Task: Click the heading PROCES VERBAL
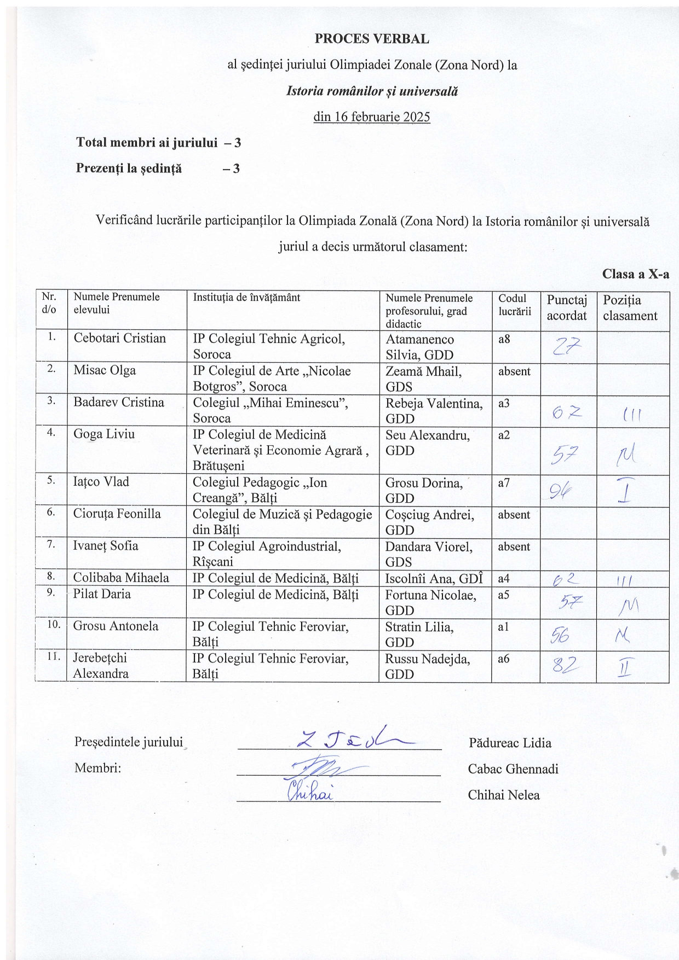[371, 39]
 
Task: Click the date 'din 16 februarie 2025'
[371, 117]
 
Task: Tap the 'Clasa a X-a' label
[635, 274]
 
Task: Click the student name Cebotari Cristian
[119, 338]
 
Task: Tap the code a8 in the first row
[504, 339]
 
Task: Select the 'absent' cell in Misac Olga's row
[514, 371]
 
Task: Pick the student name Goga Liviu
[104, 434]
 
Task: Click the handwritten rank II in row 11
[625, 667]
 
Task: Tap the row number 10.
[53, 624]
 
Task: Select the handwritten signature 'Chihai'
[310, 792]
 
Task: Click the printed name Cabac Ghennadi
[513, 769]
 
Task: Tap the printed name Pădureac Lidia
[510, 743]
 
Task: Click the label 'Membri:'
[97, 768]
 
